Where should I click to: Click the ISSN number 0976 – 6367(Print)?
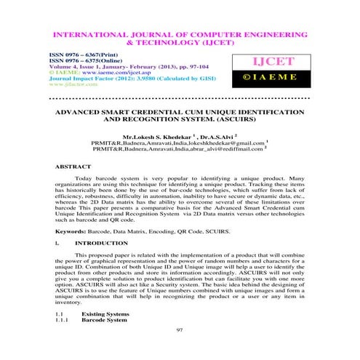point(79,55)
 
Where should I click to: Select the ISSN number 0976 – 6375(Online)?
point(81,60)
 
